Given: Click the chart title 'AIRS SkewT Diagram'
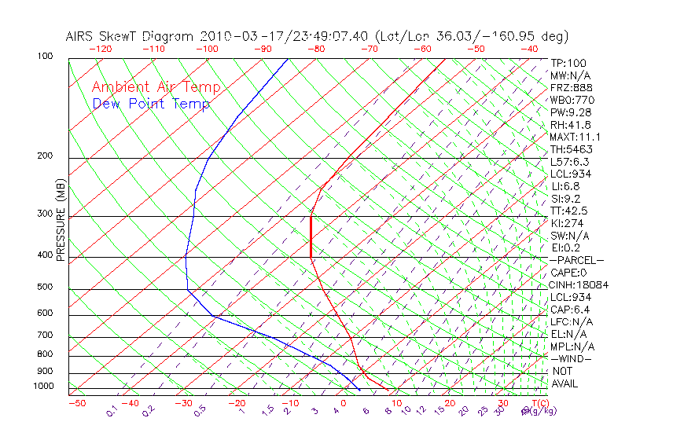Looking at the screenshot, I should tap(131, 37).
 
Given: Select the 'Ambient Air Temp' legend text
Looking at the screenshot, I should tap(156, 87).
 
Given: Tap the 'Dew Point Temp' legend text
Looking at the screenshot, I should tap(151, 104).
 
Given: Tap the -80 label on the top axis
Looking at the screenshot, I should tap(316, 49).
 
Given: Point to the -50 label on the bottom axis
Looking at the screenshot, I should tap(77, 403).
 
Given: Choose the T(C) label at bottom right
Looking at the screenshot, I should tap(535, 403).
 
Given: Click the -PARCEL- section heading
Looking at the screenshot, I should tap(576, 260).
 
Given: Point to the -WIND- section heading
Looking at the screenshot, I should tap(572, 358).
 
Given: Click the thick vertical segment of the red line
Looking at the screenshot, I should tap(311, 236).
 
